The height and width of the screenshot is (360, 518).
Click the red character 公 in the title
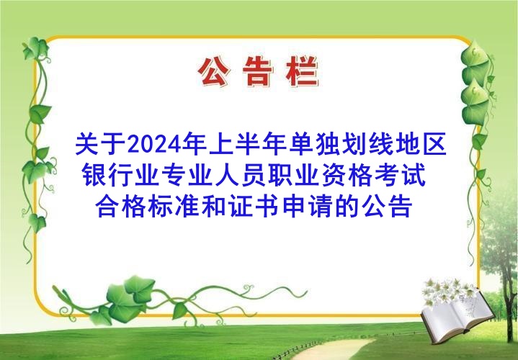point(214,71)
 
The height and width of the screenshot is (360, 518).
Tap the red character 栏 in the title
point(303,71)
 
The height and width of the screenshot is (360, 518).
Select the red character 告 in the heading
point(258,71)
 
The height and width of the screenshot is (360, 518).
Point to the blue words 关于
point(101,144)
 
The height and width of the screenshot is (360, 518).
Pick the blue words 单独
point(315,144)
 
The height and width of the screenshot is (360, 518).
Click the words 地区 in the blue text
point(421,144)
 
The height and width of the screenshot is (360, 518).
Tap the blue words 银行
point(108,175)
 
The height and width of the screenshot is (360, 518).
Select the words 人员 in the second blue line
point(241,175)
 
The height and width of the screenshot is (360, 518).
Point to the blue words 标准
point(174,207)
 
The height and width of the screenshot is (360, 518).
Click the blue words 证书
point(254,207)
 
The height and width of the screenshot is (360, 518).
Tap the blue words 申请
point(308,207)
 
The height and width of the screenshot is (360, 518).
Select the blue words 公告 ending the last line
point(387,207)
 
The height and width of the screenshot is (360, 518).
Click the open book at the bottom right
point(457,316)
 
